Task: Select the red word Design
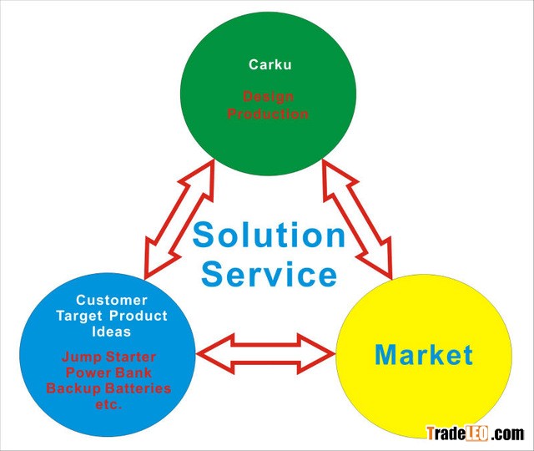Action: click(x=269, y=97)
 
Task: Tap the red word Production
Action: click(x=269, y=114)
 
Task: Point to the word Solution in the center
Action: click(x=269, y=236)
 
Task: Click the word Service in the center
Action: click(x=269, y=274)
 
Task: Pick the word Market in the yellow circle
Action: click(x=424, y=354)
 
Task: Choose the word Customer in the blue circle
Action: click(x=112, y=300)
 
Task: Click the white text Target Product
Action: click(x=112, y=316)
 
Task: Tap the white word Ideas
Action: click(x=112, y=332)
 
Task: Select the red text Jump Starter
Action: click(x=108, y=357)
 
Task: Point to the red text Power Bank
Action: click(x=108, y=372)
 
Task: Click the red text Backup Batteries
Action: click(x=108, y=388)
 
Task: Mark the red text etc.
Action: click(x=108, y=404)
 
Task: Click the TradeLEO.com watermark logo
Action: click(x=474, y=433)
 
